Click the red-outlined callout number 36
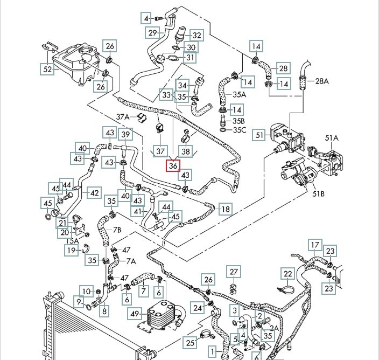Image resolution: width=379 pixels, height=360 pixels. click(x=173, y=166)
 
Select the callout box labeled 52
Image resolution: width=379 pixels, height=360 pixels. click(x=48, y=69)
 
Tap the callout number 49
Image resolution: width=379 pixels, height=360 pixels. click(x=135, y=313)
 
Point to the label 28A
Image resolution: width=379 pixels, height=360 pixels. click(x=321, y=81)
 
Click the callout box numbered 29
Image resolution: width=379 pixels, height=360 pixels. click(x=152, y=33)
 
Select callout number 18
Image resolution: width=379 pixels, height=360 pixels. click(x=224, y=209)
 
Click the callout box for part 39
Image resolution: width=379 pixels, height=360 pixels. click(x=125, y=135)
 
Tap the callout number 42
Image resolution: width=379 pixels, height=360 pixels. click(x=94, y=192)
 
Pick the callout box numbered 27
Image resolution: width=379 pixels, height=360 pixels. click(x=233, y=271)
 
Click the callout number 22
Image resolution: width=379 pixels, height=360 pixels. click(x=288, y=274)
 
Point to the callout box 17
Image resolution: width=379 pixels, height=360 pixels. click(x=314, y=246)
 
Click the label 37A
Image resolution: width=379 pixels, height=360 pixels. click(x=123, y=117)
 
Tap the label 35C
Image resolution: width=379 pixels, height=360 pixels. click(x=238, y=130)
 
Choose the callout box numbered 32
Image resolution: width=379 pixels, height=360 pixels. click(x=196, y=36)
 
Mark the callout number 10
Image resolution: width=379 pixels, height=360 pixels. click(x=86, y=291)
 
